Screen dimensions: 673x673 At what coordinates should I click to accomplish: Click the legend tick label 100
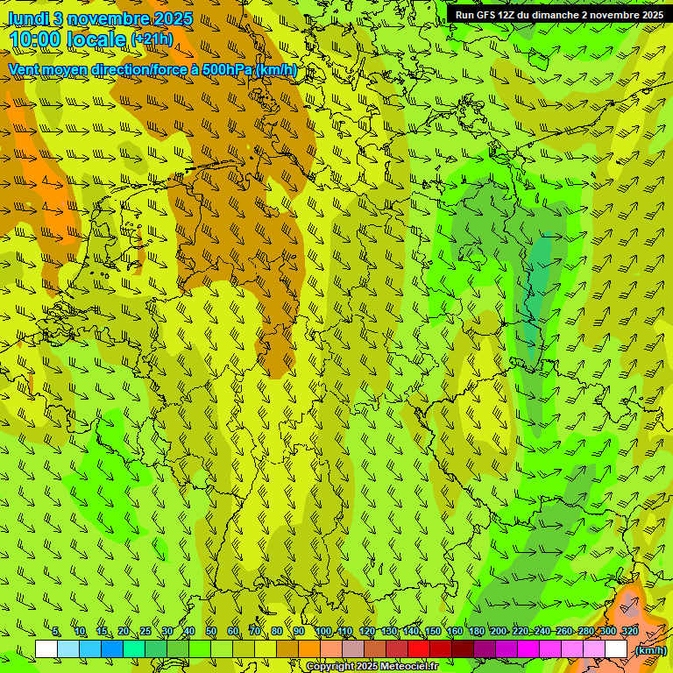[323, 632]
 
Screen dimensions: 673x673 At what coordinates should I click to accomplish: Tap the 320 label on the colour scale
[629, 632]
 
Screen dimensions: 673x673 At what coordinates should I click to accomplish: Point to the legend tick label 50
[211, 632]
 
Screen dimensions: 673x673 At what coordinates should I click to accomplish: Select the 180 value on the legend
[477, 632]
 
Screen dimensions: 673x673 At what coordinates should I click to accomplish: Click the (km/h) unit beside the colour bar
[649, 650]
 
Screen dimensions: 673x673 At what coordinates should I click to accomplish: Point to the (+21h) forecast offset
[152, 39]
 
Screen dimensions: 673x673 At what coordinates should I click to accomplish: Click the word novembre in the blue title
[104, 18]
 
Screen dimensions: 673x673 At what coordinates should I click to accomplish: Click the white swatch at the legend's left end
[46, 649]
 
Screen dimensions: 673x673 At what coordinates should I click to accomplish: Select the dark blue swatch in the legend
[112, 649]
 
